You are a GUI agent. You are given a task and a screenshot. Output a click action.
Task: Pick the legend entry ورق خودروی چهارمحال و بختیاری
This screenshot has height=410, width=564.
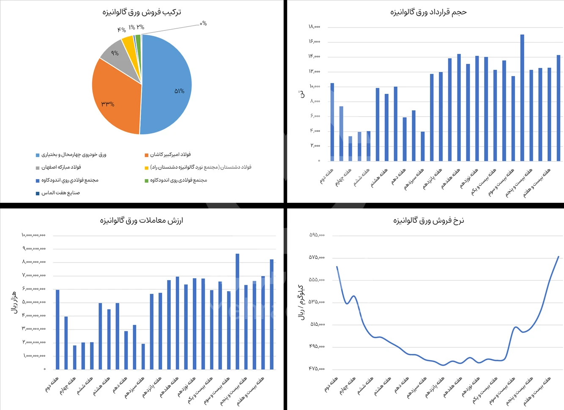coord(74,155)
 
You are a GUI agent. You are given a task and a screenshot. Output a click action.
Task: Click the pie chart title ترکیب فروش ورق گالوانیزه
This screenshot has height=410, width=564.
coord(142,12)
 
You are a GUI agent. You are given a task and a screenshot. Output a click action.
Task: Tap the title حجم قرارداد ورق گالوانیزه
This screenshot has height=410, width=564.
coord(428,12)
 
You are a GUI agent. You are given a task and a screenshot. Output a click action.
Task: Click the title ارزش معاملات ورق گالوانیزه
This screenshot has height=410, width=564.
coord(142,220)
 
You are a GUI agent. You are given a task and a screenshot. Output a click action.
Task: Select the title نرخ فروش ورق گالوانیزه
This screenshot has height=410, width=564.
coord(428,220)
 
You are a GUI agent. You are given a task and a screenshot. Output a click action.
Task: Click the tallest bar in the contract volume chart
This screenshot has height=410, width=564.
coord(522,97)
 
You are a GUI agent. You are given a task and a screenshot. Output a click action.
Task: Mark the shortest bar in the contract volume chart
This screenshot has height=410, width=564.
coord(350,148)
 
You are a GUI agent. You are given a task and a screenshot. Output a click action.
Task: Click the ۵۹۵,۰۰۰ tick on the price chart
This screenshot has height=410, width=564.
coord(317,235)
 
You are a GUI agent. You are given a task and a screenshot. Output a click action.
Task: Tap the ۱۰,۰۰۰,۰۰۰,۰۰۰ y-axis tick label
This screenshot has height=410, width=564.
coord(34,235)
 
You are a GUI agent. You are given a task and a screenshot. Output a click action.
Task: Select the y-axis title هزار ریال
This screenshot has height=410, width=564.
coord(14,302)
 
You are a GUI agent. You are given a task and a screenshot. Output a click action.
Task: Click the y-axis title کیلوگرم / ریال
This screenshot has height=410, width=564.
coord(301,302)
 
